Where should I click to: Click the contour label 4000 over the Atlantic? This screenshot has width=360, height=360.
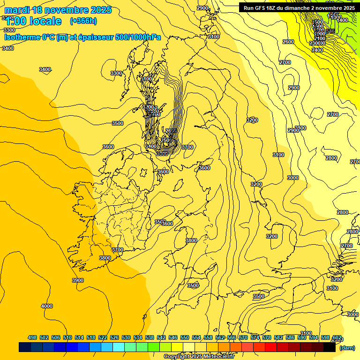tap(47, 306)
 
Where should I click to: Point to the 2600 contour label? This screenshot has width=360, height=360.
tap(288, 42)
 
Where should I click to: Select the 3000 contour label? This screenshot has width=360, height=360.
tap(293, 178)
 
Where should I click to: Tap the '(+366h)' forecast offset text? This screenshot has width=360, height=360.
tap(83, 21)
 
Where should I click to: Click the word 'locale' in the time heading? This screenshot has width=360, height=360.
tap(45, 21)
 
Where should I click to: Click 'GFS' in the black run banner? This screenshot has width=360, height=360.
tap(264, 8)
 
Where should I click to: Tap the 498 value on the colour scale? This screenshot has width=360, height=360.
tap(32, 337)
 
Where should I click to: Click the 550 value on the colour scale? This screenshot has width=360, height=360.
tap(185, 337)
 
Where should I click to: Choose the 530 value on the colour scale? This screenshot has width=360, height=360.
tap(126, 337)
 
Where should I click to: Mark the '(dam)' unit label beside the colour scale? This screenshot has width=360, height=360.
tap(347, 347)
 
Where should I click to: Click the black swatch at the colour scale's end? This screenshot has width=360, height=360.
tap(330, 347)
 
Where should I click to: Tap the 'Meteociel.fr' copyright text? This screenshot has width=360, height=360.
tap(219, 357)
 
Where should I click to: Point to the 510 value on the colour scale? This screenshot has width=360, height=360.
tap(67, 337)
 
